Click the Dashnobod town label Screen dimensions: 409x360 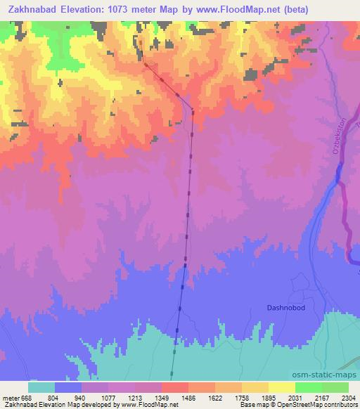pyautogui.click(x=285, y=307)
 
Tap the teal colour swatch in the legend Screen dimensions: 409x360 pyautogui.click(x=41, y=387)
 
